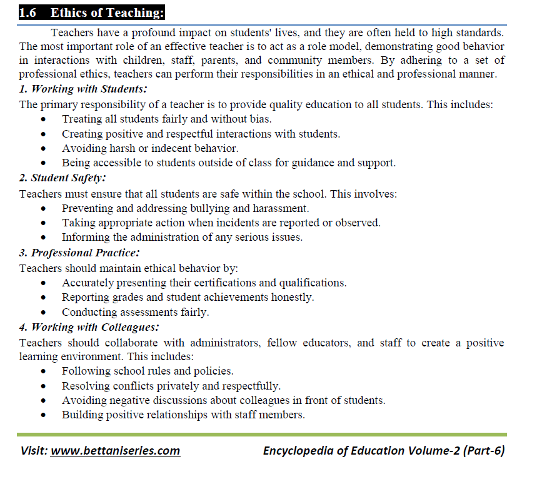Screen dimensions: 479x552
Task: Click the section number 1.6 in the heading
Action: click(x=29, y=13)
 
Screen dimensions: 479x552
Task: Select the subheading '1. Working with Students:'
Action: click(x=83, y=89)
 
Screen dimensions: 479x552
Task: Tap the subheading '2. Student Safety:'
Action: click(x=68, y=178)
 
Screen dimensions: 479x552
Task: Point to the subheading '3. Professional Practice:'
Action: click(x=79, y=253)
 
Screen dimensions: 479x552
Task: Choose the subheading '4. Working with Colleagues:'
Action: click(x=89, y=326)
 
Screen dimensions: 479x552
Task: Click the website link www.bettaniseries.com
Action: click(x=115, y=450)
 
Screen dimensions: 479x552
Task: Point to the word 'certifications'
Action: click(x=222, y=283)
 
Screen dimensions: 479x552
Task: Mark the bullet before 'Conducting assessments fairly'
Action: click(x=43, y=312)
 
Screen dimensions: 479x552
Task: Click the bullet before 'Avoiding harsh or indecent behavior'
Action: click(x=43, y=149)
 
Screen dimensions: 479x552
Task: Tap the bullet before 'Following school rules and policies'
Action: click(x=43, y=371)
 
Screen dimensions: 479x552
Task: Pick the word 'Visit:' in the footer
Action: click(x=34, y=450)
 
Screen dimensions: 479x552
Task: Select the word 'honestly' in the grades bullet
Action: click(x=292, y=298)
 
